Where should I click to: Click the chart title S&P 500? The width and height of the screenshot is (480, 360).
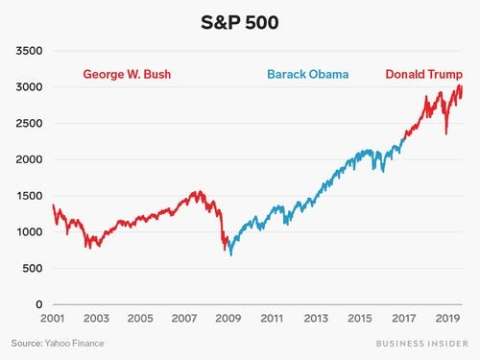240,21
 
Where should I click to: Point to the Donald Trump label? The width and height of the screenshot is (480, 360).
423,74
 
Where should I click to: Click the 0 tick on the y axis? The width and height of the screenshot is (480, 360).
40,304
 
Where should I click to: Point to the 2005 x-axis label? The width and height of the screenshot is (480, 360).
141,318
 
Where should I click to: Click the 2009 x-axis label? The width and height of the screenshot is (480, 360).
228,318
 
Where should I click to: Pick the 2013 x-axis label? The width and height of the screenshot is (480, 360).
315,318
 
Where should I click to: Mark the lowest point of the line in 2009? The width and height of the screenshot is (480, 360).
230,254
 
